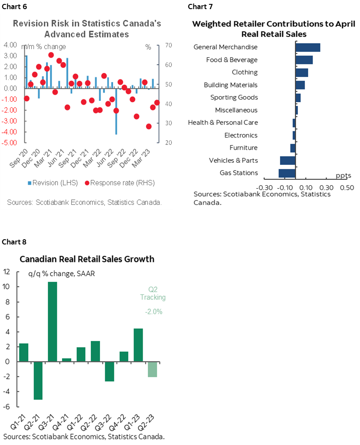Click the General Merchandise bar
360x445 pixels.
[307, 47]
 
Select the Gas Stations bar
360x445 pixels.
[287, 173]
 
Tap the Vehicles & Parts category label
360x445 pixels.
[233, 161]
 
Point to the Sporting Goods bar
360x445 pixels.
[298, 98]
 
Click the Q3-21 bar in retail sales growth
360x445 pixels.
[52, 322]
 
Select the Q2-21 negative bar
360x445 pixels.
[38, 380]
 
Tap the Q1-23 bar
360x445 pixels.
[138, 345]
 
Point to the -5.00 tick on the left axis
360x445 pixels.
[10, 143]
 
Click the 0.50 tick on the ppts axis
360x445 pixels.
[347, 187]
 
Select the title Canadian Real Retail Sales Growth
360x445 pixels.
[87, 259]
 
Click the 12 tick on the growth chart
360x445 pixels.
[6, 272]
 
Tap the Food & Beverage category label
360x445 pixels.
[232, 60]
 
